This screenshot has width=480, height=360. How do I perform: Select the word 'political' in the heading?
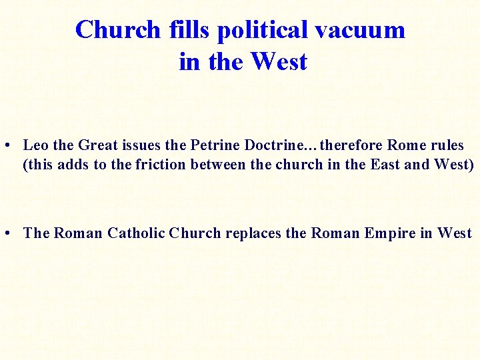click(263, 30)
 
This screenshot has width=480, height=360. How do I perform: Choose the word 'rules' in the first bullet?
click(446, 145)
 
